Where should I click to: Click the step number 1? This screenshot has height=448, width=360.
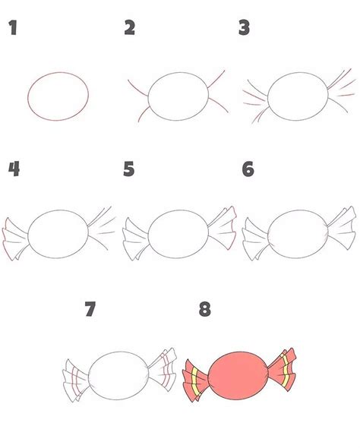point(13,27)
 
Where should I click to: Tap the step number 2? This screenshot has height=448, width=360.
point(129,27)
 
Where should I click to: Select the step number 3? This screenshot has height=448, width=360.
point(245,27)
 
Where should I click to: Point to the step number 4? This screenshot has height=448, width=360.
point(14,169)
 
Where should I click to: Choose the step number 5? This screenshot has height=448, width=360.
point(129,169)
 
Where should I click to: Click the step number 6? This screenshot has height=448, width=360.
point(248,169)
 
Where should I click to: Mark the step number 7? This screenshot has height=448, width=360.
point(90,309)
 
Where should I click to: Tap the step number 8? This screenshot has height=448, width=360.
point(205,309)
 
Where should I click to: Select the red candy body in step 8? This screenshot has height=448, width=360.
point(238,375)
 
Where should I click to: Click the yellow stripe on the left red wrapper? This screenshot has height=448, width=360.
point(195,383)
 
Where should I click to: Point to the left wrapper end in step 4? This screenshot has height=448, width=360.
point(16,239)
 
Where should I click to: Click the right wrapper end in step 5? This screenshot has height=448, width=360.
point(223,228)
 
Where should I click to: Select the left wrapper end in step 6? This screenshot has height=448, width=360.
point(256,239)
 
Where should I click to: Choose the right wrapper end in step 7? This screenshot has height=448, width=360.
point(163,369)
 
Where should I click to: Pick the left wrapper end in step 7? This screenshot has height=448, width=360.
point(76,380)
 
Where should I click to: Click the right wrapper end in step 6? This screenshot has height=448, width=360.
point(342,228)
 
